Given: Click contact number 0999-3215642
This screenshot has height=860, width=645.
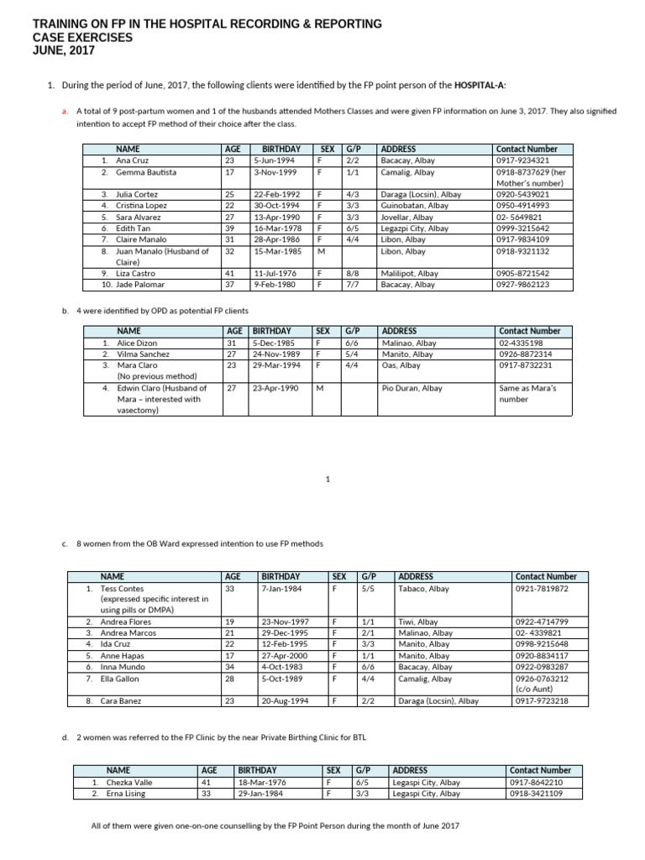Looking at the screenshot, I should click(523, 228).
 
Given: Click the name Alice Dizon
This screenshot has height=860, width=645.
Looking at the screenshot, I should click(137, 343).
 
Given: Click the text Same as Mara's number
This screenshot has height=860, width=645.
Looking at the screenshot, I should click(527, 394).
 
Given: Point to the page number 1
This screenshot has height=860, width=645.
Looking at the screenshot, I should click(328, 479).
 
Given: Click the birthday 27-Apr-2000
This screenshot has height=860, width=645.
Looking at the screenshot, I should click(284, 656).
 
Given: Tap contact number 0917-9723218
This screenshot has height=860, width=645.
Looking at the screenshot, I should click(542, 701).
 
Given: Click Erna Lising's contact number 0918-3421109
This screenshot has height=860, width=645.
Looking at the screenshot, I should click(536, 794).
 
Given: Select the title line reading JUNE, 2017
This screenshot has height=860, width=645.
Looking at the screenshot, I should click(64, 50).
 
